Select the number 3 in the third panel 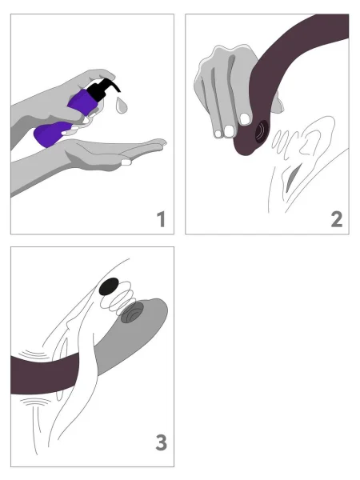[160, 441]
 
